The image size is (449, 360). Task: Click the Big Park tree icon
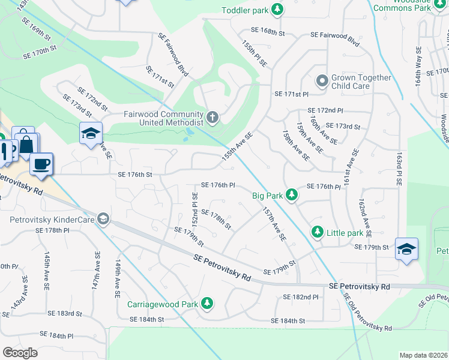(x=291, y=194)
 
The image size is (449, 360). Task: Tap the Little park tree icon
(x=316, y=232)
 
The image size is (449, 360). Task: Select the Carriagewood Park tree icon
(x=207, y=304)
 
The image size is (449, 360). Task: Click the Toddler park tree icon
(x=277, y=10)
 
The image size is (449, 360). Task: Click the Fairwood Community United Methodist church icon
(x=212, y=116)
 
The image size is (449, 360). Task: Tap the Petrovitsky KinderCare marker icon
(x=104, y=219)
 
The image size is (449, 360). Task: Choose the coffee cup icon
(x=41, y=163)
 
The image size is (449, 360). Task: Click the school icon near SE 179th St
(x=406, y=249)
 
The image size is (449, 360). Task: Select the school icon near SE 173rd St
(x=90, y=133)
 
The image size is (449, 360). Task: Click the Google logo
(x=20, y=352)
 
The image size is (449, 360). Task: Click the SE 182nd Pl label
(x=301, y=297)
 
